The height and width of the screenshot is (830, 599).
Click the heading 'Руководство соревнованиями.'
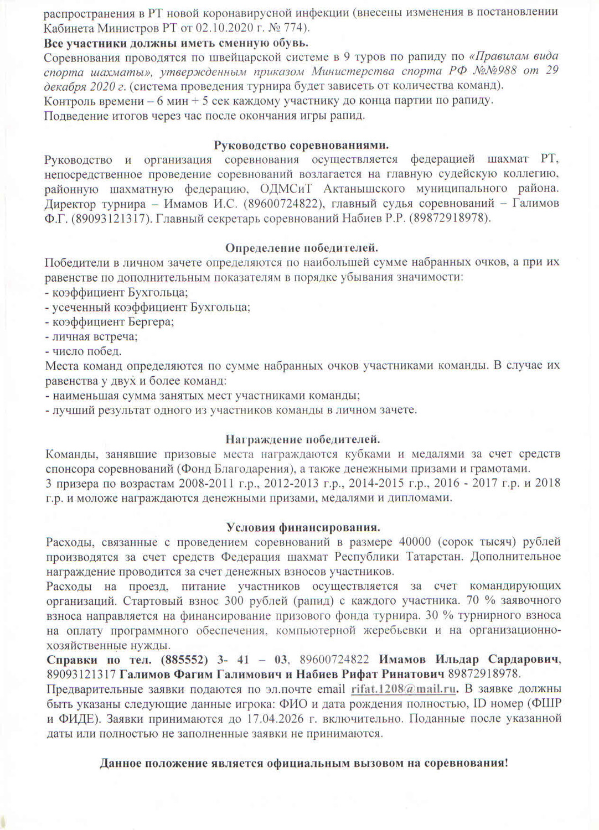click(x=301, y=146)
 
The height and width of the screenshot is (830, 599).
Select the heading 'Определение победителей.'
click(x=302, y=248)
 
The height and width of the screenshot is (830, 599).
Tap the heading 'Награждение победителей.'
click(x=303, y=439)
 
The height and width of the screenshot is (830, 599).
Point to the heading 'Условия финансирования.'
click(x=303, y=527)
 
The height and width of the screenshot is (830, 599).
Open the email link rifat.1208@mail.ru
click(x=404, y=689)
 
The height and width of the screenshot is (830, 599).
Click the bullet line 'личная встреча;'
click(x=91, y=336)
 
